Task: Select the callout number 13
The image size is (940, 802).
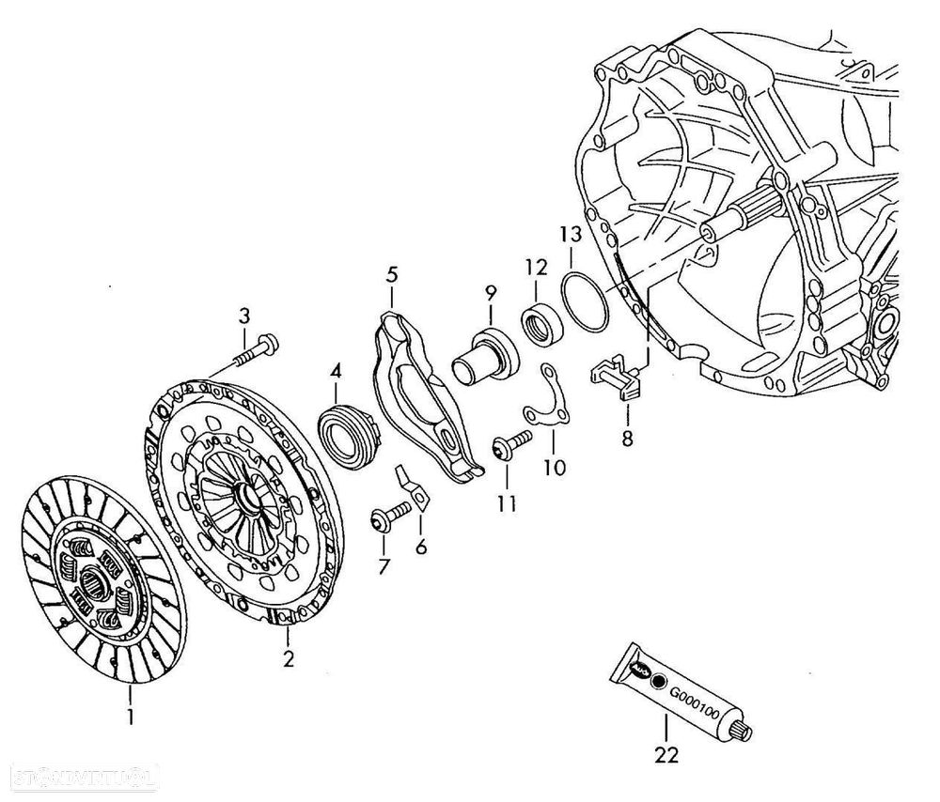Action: [x=571, y=234]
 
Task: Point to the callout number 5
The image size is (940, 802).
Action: [x=392, y=275]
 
